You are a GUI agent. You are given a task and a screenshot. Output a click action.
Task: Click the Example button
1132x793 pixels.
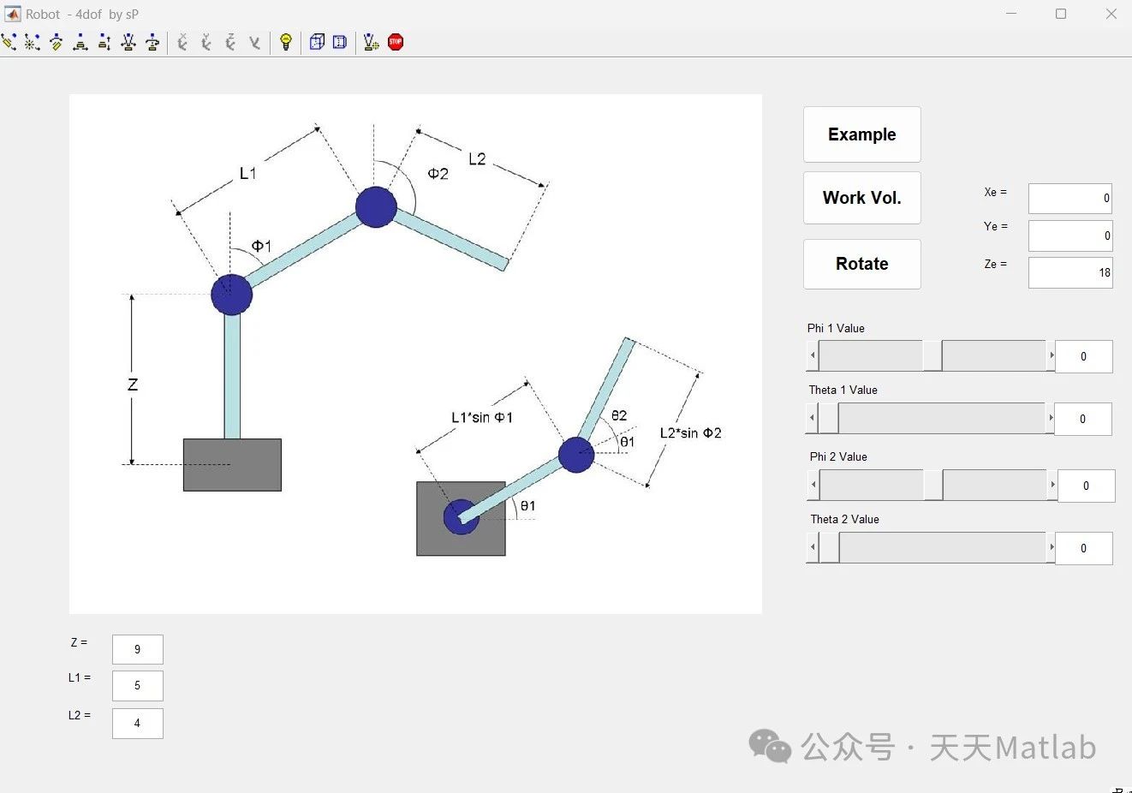(861, 134)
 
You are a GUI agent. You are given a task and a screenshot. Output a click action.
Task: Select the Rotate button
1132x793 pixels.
(861, 264)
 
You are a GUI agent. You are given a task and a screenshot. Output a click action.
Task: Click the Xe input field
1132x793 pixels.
(1069, 199)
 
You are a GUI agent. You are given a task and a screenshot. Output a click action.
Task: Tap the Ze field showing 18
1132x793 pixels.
(1069, 273)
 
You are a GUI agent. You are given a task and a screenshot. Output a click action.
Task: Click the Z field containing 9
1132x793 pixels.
(137, 649)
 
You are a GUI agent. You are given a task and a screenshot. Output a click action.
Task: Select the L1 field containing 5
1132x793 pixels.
(137, 686)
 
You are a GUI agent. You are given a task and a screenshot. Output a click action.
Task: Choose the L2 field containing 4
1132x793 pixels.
(137, 724)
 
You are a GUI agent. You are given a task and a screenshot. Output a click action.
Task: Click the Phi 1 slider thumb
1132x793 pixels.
(932, 355)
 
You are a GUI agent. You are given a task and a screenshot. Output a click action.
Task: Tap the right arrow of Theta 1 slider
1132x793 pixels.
(1051, 418)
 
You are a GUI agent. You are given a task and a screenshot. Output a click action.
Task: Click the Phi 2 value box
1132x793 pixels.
(1086, 486)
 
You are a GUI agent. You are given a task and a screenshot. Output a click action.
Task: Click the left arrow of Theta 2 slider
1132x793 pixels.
(812, 547)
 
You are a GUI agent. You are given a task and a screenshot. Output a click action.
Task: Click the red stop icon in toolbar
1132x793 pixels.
(396, 42)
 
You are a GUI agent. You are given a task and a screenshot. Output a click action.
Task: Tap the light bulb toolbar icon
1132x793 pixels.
(286, 42)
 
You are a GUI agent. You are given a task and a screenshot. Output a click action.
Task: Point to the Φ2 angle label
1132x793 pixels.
(438, 174)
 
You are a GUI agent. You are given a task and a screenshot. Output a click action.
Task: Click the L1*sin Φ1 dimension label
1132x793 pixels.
(481, 417)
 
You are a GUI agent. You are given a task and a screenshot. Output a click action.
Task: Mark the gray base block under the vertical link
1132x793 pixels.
(232, 465)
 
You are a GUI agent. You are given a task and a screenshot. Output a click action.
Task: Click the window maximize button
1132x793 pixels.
(1061, 14)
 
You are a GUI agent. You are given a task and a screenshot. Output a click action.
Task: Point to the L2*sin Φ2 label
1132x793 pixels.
(690, 433)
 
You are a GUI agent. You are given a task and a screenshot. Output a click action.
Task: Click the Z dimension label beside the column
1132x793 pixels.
(133, 385)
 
